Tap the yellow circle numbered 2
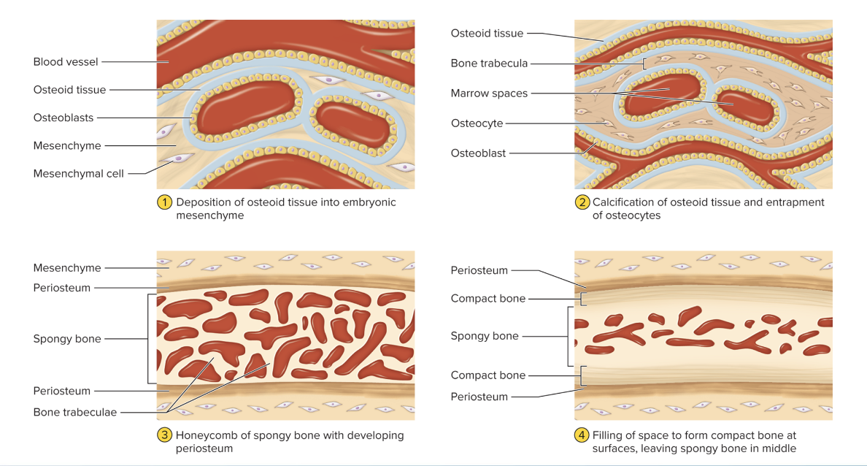(582, 202)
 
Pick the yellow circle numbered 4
(582, 435)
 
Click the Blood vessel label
(66, 62)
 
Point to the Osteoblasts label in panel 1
(63, 118)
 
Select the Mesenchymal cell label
(79, 174)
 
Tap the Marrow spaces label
(489, 93)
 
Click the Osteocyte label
(477, 123)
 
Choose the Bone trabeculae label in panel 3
(74, 413)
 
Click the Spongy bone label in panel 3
(67, 339)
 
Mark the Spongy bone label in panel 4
(485, 336)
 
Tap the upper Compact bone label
(488, 298)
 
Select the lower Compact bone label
(488, 375)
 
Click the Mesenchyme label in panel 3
(67, 268)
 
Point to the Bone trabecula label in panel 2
(489, 64)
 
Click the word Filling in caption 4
(609, 435)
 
